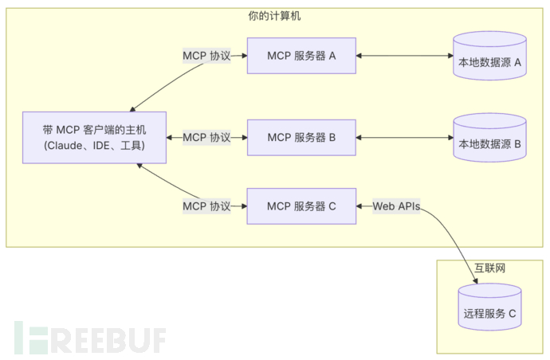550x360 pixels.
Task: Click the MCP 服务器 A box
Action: tap(301, 56)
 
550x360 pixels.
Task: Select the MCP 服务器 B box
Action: tap(301, 138)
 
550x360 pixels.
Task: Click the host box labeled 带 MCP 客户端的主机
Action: tap(94, 138)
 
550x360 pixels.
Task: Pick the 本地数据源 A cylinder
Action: tap(489, 57)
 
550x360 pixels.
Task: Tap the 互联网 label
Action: tap(489, 268)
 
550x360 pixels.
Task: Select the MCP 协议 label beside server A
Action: tap(206, 56)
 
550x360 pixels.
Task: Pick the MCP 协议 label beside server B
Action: tap(206, 138)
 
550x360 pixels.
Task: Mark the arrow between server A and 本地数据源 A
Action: tap(403, 56)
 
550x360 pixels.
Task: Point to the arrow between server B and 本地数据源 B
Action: tap(403, 138)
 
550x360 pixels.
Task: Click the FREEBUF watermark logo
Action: tap(88, 338)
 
